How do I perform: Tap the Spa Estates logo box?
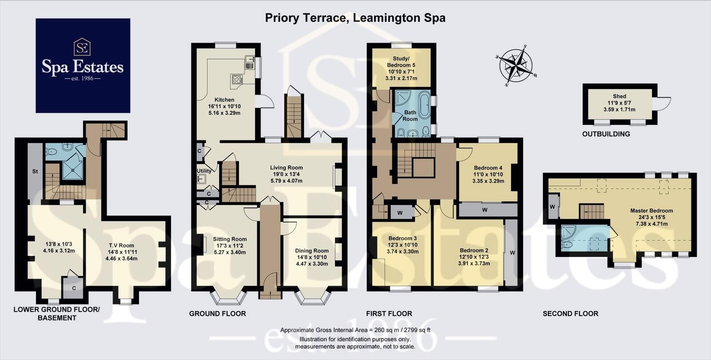coord(83,65)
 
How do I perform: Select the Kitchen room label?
coord(224,100)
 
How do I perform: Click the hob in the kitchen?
coord(236,80)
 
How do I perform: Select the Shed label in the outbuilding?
coord(619,96)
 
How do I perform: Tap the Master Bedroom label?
coord(651,211)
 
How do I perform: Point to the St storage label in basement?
coord(35,171)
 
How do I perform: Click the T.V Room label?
coord(121,245)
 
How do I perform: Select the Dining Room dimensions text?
coord(312,260)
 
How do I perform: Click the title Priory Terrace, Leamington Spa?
coord(355,18)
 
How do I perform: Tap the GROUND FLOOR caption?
coord(217,314)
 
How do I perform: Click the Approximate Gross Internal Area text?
coord(355,330)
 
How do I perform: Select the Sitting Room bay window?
coord(228,298)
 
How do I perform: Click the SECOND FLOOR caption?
coord(570,314)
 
